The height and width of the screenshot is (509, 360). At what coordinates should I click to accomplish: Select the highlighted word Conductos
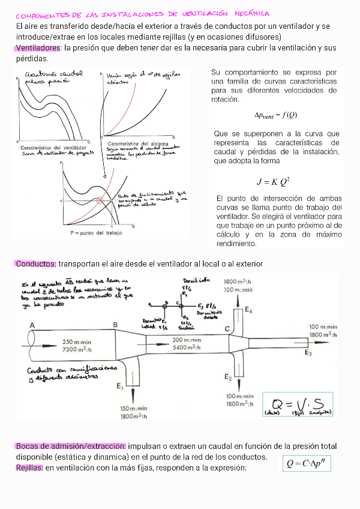click(36, 264)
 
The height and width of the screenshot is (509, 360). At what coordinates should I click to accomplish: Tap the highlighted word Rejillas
click(29, 468)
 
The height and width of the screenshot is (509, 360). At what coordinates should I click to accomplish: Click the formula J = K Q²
click(273, 181)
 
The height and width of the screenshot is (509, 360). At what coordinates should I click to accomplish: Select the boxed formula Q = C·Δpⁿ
click(308, 463)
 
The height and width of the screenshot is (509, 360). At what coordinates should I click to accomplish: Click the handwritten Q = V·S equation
click(298, 403)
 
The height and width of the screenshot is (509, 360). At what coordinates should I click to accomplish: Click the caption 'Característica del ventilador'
click(53, 147)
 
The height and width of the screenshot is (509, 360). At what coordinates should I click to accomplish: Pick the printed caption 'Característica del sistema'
click(137, 144)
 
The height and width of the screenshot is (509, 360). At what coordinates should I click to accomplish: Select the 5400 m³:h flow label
click(187, 347)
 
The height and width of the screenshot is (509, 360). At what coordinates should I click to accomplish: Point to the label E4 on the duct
click(248, 310)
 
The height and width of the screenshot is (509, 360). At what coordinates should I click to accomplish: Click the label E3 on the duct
click(308, 353)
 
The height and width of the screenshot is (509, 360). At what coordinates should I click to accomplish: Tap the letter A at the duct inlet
click(31, 325)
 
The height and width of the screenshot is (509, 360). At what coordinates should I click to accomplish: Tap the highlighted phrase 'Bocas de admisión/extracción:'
click(71, 447)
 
